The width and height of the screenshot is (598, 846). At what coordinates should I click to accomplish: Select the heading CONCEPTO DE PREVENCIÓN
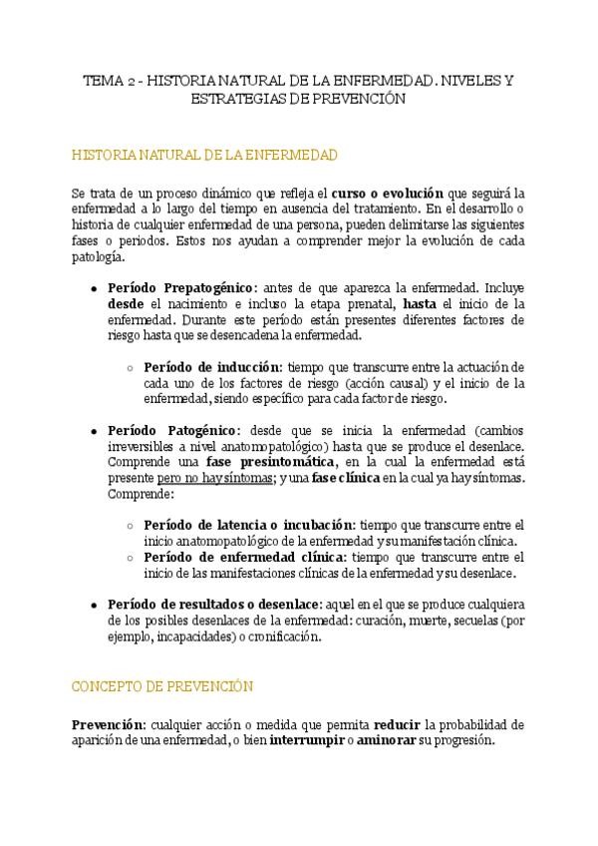tap(162, 687)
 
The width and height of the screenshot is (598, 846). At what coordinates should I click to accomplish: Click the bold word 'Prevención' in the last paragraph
tap(108, 725)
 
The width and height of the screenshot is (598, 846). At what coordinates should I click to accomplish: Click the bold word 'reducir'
tap(396, 725)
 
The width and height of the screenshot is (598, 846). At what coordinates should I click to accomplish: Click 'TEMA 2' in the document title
tap(104, 81)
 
